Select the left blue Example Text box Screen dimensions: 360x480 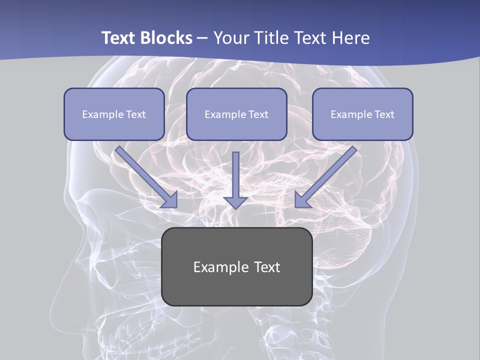[x=114, y=114]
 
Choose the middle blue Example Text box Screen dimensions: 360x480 [x=236, y=114]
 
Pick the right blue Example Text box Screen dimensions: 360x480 [x=362, y=114]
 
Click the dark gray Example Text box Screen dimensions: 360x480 [x=236, y=266]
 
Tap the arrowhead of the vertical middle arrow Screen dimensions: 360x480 [x=235, y=202]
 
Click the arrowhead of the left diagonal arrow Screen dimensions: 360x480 [x=170, y=200]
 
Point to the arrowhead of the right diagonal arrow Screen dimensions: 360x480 [x=301, y=200]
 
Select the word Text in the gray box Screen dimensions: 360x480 [x=267, y=267]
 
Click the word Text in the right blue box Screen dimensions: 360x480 [x=383, y=114]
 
